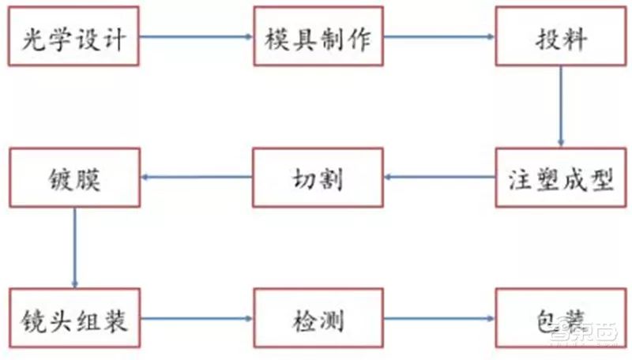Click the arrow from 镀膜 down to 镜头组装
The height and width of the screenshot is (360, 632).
75,248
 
